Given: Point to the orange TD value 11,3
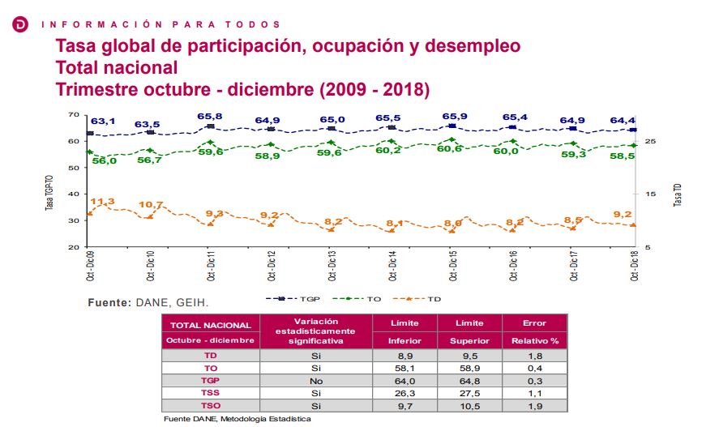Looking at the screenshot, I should pos(103,202).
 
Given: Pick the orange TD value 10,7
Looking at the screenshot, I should pos(152,205).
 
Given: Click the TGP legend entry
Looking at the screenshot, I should pos(292,299).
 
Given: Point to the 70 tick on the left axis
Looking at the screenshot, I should pos(73,115).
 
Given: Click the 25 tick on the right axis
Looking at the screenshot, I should pos(649,142).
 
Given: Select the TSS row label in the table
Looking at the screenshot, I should pos(211,391).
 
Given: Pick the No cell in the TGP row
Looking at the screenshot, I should pos(315,379).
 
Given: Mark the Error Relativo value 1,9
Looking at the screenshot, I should pos(535,404).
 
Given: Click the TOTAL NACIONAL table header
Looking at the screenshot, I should pos(211,324).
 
